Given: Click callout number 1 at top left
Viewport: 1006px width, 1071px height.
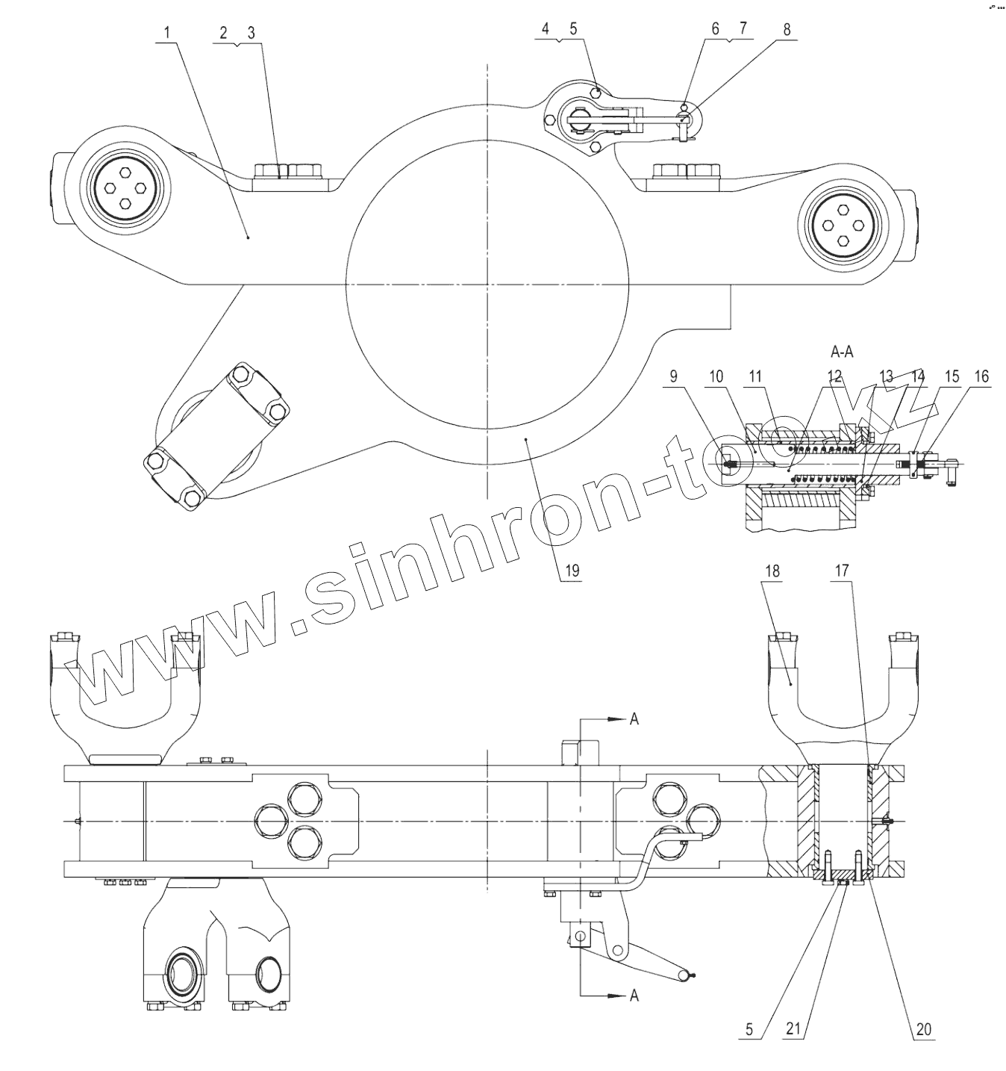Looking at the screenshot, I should click(x=168, y=33).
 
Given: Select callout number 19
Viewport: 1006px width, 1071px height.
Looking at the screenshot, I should click(x=572, y=571).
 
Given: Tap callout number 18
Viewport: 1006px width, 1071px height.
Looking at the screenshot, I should click(x=772, y=571).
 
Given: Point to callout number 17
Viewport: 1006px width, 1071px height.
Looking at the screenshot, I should click(x=842, y=571).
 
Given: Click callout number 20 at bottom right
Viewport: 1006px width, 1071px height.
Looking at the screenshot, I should click(x=924, y=1029).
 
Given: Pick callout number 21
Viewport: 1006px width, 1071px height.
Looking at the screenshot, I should click(x=793, y=1029).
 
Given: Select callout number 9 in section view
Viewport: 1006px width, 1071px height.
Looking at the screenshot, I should click(x=674, y=376).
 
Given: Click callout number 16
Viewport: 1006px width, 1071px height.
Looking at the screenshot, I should click(x=981, y=376).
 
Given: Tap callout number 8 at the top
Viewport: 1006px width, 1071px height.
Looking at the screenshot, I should click(x=786, y=29).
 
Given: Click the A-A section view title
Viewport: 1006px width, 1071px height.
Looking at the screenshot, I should click(x=841, y=351).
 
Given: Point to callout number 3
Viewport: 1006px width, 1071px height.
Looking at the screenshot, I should click(x=251, y=33).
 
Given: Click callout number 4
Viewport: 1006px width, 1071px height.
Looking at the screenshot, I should click(x=546, y=29).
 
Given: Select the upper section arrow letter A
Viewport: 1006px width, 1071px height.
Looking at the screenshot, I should click(x=634, y=718).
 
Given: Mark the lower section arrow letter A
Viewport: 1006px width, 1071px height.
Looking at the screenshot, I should click(x=634, y=995).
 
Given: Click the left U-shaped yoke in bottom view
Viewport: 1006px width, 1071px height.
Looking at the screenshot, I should click(x=125, y=691).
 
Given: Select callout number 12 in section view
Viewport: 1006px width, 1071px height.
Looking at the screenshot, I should click(x=834, y=376).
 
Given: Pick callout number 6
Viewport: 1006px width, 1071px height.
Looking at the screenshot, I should click(x=715, y=29).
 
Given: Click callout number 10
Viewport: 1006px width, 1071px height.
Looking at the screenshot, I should click(x=716, y=376).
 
